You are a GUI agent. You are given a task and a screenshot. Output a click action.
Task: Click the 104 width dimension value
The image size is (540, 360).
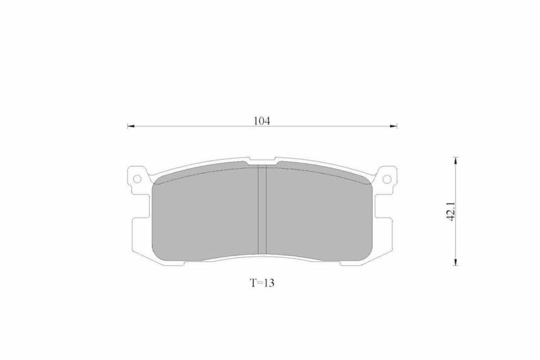pos(262,121)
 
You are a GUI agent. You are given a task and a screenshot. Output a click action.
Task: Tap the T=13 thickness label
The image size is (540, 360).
pos(262,283)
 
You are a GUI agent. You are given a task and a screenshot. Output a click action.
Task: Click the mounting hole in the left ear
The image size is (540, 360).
pos(138,179)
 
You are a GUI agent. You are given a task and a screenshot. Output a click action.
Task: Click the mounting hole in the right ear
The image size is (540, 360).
pos(387,179)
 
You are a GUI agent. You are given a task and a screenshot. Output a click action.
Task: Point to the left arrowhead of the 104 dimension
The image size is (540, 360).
pos(130,126)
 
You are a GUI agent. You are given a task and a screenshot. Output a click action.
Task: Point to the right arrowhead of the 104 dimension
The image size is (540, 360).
pos(394,126)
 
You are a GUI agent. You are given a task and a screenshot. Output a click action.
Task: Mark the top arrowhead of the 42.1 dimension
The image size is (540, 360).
pos(456,161)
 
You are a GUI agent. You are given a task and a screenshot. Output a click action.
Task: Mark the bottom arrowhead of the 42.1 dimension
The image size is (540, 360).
pos(456,262)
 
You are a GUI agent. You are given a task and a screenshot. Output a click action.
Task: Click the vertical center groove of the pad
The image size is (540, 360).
pos(263,210)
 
